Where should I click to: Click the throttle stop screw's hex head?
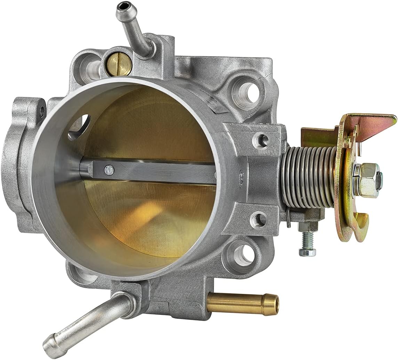point(307,252)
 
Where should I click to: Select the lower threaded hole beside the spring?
point(261,219)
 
